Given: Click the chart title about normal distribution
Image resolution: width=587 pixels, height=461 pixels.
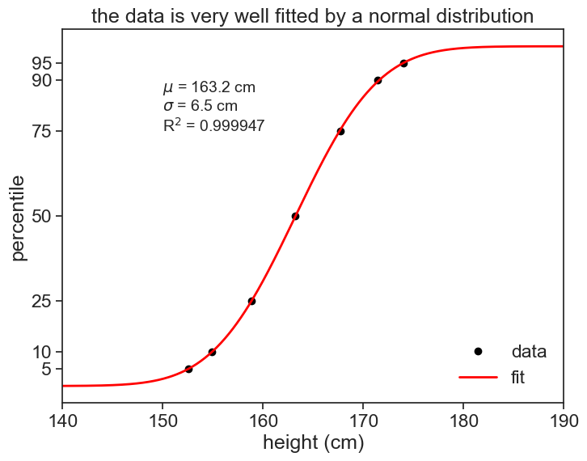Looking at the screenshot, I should click(312, 15).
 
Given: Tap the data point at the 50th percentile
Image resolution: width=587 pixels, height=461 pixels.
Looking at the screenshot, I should click(295, 216).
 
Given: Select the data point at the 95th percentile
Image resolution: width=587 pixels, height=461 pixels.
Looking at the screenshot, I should click(403, 63).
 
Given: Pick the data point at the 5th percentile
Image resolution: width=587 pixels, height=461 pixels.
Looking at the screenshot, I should click(188, 369).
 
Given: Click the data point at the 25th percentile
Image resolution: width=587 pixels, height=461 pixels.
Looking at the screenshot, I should click(251, 301).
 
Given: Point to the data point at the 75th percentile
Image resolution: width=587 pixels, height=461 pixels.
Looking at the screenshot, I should click(340, 131).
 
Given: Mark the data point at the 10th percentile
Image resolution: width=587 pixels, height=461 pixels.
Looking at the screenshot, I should click(212, 352).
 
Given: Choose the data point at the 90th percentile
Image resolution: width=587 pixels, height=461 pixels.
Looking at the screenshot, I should click(378, 80).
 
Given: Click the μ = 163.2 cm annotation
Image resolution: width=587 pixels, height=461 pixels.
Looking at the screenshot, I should click(209, 87).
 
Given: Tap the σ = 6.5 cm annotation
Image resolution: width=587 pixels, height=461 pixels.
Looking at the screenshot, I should click(201, 106).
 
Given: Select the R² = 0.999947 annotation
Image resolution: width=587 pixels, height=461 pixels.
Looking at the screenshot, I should click(213, 125).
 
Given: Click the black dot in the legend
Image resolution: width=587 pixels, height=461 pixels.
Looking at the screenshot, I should click(478, 352).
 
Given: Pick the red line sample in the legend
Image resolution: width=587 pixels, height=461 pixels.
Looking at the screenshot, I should click(478, 378).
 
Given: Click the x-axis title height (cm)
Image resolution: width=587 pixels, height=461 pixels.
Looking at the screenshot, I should click(313, 443).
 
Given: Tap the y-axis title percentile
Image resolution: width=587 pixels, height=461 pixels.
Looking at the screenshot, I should click(19, 217).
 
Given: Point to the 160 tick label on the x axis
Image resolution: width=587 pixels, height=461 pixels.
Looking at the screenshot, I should click(263, 421).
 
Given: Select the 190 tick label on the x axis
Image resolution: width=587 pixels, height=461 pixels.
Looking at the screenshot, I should click(563, 421).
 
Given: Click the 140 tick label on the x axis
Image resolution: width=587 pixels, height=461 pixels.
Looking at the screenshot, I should click(62, 421).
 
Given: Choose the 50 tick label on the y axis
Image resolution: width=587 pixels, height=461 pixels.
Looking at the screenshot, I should click(42, 216).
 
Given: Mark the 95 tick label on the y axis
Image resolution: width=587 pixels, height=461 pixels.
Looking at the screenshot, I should click(42, 63).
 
